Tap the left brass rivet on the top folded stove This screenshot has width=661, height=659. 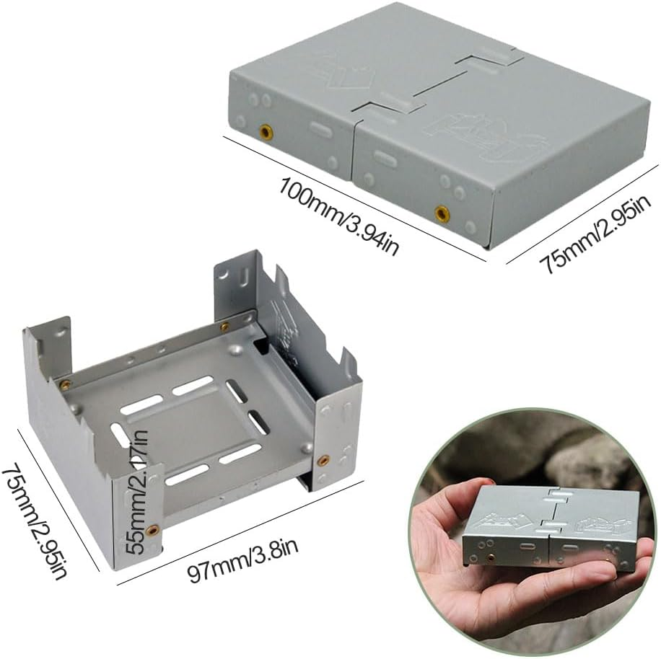tap(266, 132)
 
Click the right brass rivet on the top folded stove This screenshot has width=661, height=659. tap(441, 213)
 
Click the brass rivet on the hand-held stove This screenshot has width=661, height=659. tap(491, 557)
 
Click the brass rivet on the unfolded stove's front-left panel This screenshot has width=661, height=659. tap(152, 531)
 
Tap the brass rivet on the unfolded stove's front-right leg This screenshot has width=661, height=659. tap(323, 459)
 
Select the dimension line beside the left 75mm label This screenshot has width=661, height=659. tap(61, 497)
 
